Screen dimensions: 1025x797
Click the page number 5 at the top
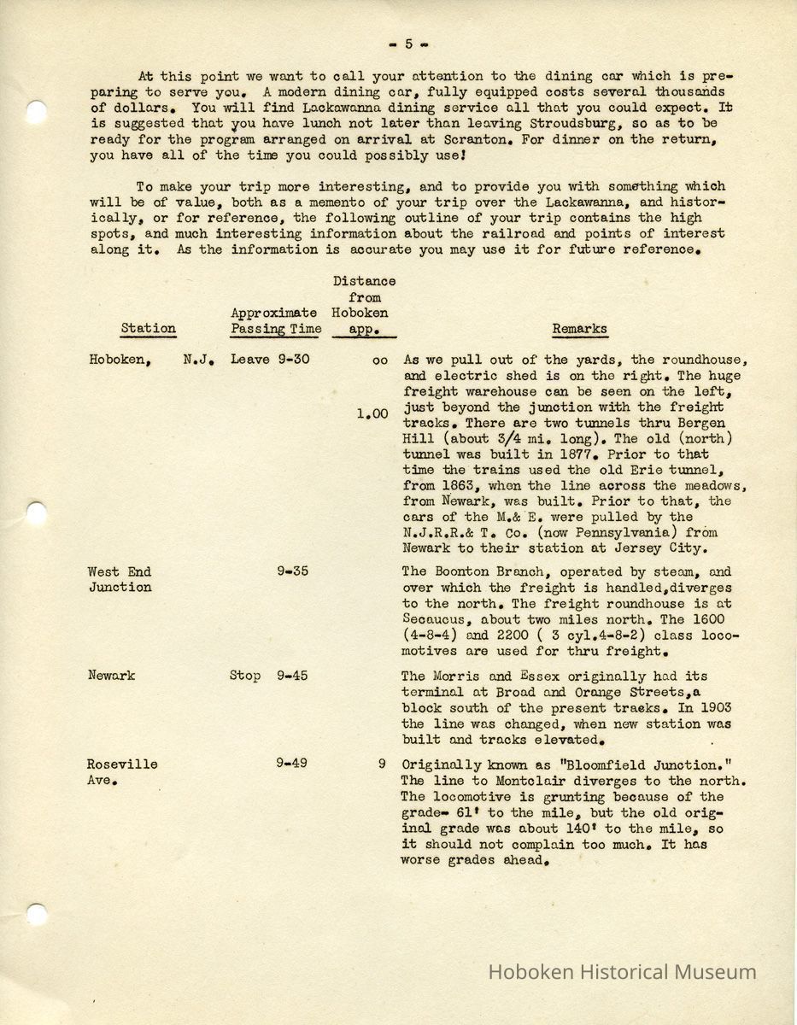coord(408,44)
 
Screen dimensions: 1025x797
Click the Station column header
coord(148,328)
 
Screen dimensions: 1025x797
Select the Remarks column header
coord(579,328)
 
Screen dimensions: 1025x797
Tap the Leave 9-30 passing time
coord(269,360)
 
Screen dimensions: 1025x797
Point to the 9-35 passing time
coord(292,571)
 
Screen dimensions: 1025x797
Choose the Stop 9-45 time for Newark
coord(268,676)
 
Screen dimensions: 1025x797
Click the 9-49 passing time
coord(292,764)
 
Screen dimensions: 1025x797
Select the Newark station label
coord(112,676)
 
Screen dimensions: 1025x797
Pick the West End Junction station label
coord(120,579)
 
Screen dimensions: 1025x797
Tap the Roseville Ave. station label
coord(123,771)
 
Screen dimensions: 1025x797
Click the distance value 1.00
coord(372,414)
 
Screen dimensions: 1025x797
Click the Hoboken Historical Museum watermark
coord(622,971)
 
